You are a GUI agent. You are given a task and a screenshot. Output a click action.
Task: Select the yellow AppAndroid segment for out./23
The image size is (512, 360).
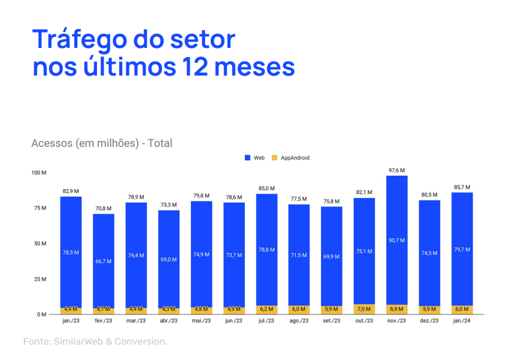(x=364, y=309)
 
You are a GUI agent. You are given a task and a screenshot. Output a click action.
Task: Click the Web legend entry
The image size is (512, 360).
(x=255, y=158)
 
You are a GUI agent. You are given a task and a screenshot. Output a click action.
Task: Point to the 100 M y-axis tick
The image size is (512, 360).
(x=39, y=173)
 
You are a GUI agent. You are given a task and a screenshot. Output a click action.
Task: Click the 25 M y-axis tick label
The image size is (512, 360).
(x=40, y=279)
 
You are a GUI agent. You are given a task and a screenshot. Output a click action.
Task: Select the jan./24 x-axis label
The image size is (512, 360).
(x=462, y=320)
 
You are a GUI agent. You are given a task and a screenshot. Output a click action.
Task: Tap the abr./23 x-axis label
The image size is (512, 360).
(x=169, y=320)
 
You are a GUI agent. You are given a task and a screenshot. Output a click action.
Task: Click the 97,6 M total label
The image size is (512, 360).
(x=397, y=170)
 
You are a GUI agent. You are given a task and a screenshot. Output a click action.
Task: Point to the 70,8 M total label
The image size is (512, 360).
(x=103, y=208)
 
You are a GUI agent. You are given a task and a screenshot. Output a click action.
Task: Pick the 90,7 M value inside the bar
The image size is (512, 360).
(x=397, y=240)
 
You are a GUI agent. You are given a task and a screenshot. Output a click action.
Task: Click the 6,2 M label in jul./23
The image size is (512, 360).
(x=266, y=310)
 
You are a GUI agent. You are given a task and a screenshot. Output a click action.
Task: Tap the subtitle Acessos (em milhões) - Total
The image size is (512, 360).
(x=102, y=143)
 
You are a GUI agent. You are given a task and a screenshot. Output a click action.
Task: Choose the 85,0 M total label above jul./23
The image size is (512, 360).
(x=266, y=189)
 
